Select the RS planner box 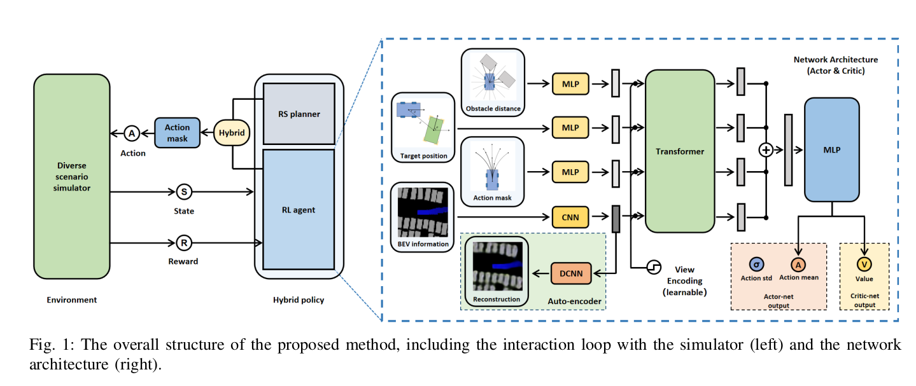coord(299,114)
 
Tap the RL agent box coord(299,209)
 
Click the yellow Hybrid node coord(232,133)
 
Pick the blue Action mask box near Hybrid coord(177,133)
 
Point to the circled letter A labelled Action coord(132,134)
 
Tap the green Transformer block coord(679,151)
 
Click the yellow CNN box coord(570,217)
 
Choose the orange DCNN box coord(571,274)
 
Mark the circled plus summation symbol coord(765,150)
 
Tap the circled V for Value coord(864,264)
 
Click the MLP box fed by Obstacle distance coord(570,83)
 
